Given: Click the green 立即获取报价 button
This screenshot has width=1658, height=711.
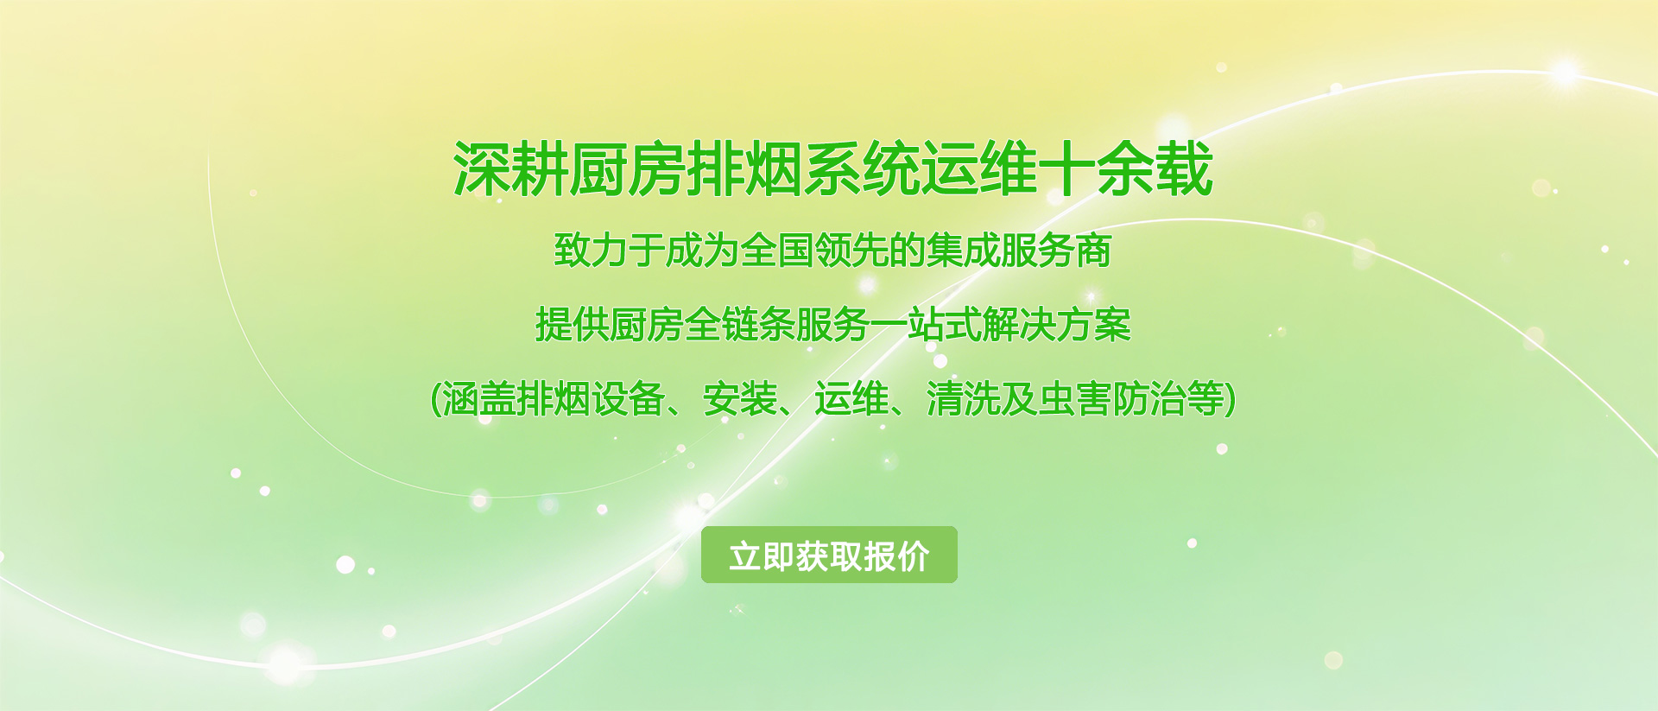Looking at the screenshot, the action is point(829,555).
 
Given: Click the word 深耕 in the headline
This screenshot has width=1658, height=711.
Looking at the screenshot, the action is point(511,169).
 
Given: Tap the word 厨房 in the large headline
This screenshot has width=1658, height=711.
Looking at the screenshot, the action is point(628,169).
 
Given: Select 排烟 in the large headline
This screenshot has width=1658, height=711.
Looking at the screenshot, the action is point(744,169).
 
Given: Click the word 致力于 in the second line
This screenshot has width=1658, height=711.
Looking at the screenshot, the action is point(610,251).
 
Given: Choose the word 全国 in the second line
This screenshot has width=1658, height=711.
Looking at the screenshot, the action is point(777,251).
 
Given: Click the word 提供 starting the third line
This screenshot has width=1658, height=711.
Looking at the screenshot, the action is point(573,325).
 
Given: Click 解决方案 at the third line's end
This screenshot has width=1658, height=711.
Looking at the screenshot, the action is point(1056,325).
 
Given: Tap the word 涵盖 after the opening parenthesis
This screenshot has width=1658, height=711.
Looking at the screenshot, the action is point(480,399).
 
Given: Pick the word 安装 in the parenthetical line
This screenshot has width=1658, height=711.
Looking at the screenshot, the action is point(740,399).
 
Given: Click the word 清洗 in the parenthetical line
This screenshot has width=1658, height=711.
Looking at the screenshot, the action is point(964,399).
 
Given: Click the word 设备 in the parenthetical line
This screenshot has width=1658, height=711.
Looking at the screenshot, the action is point(629,399).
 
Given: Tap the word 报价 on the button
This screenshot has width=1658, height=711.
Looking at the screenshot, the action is point(896,556).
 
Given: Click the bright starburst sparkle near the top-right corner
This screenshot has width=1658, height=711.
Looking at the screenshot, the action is point(1565,73).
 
